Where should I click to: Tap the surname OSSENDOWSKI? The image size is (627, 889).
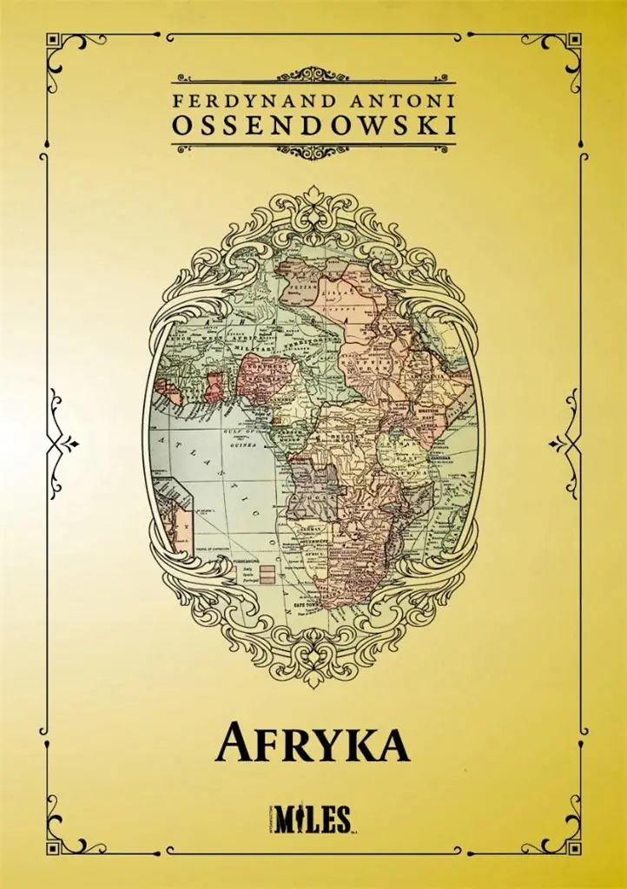(313, 125)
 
